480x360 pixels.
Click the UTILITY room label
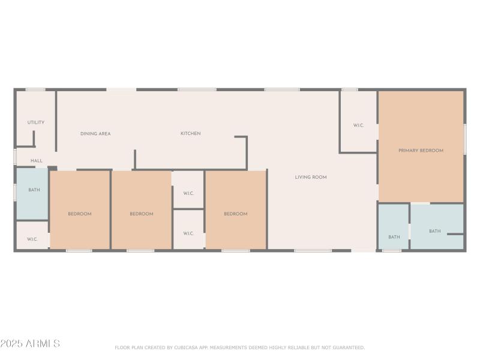click(x=35, y=122)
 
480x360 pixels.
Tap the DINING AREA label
click(x=95, y=134)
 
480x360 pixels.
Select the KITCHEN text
click(x=191, y=133)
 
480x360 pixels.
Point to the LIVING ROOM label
click(x=310, y=177)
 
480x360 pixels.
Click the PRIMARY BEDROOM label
click(x=421, y=151)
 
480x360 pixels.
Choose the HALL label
click(x=37, y=161)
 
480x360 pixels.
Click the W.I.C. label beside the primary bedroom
click(x=358, y=125)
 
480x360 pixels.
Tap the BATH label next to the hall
click(x=34, y=190)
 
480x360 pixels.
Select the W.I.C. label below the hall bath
click(x=32, y=239)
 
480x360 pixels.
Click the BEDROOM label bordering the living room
click(x=235, y=214)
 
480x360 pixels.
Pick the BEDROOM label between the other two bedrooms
click(x=142, y=214)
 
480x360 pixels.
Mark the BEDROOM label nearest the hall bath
click(x=79, y=214)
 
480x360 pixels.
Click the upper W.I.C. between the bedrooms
click(x=188, y=193)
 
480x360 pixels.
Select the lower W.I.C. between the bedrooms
click(x=188, y=233)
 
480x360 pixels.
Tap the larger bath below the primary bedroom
click(x=434, y=231)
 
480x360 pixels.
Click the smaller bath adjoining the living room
click(x=394, y=237)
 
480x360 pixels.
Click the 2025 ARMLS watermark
click(x=30, y=344)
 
